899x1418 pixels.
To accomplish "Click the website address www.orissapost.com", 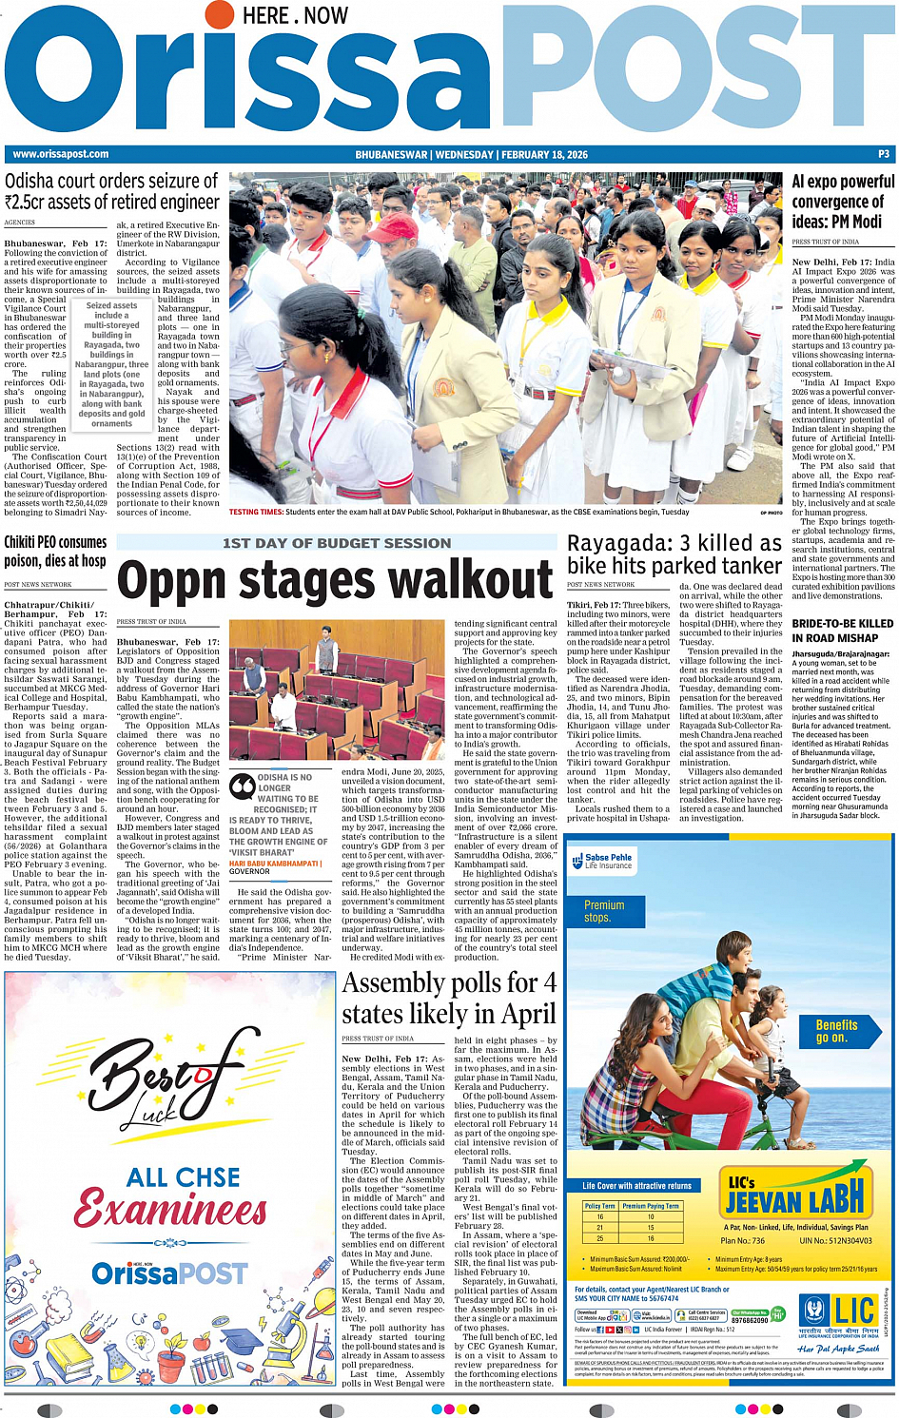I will point(61,154).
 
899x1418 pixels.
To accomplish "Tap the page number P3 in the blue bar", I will point(884,154).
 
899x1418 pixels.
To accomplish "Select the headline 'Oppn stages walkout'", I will point(335,579).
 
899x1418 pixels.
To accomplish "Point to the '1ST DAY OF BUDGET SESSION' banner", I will point(337,543).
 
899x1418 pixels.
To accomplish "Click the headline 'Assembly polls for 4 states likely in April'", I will point(449,998).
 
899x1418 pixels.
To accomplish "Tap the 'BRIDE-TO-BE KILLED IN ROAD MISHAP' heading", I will point(842,631).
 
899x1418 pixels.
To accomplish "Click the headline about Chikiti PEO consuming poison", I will point(55,552).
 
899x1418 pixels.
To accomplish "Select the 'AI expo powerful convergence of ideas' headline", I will point(843,202).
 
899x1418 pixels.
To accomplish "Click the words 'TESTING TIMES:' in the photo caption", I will point(256,512).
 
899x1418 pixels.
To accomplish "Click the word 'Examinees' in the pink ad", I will point(171,1210).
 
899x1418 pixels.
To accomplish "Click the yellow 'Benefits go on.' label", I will point(836,1031).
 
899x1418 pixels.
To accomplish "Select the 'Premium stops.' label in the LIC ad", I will point(604,911).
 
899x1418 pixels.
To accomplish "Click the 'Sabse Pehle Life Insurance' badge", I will point(602,861).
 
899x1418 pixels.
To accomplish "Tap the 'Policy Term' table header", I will point(599,1206).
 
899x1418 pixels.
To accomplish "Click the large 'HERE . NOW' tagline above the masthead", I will point(295,16).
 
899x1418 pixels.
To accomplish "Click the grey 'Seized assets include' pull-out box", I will point(111,364).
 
